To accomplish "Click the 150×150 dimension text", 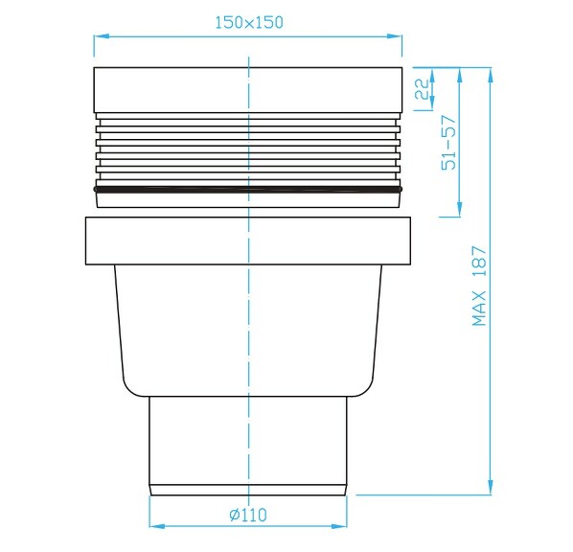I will (x=248, y=23).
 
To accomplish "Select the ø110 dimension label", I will (x=248, y=515).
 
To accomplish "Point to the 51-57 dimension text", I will (x=447, y=144).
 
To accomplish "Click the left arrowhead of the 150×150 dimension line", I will (x=99, y=37).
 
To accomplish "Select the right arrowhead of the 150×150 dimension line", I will (x=396, y=37).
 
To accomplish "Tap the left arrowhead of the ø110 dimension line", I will (x=155, y=526).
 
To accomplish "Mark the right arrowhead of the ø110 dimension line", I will (x=340, y=526).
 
